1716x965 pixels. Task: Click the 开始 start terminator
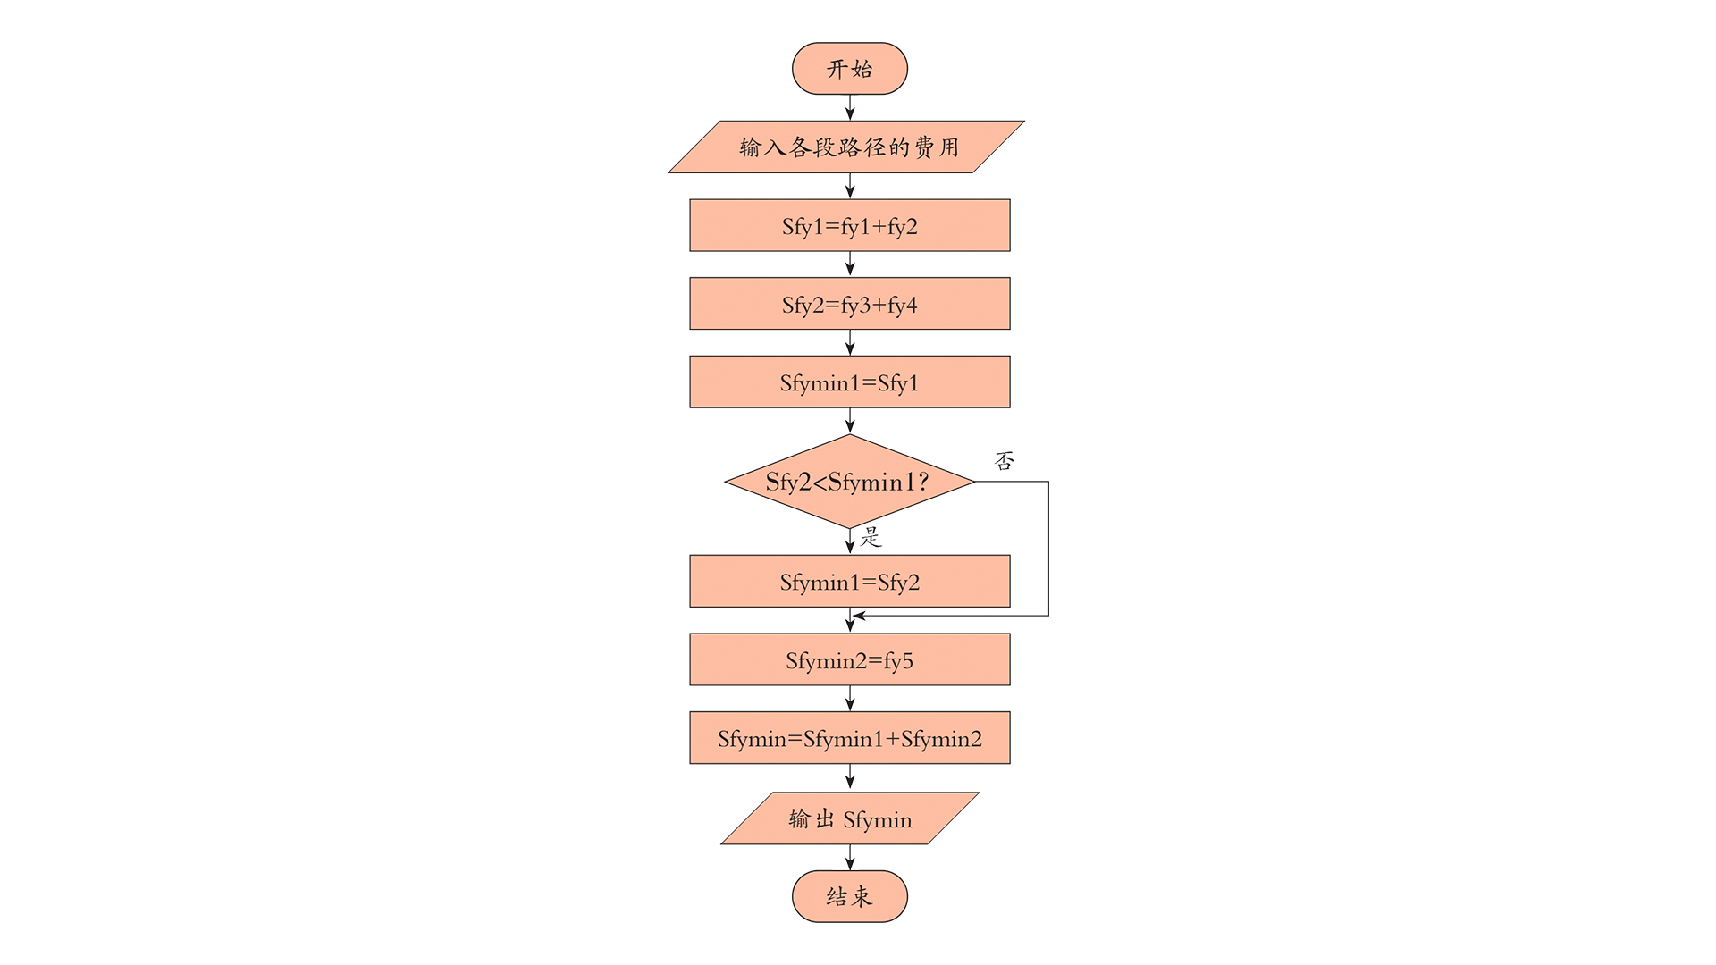849,69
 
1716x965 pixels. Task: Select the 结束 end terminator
849,896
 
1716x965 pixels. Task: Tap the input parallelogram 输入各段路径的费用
846,147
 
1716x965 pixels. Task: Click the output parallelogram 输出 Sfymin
850,818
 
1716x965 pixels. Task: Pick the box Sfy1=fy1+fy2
849,225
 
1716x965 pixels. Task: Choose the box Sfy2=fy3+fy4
849,304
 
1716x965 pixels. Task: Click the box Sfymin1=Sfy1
849,382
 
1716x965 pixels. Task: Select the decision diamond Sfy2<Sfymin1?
849,482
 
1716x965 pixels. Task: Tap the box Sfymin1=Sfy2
849,582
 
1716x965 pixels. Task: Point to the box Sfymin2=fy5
849,660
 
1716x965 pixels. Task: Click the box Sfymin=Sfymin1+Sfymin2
849,738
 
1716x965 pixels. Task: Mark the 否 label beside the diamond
1005,461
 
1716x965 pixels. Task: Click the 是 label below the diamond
871,537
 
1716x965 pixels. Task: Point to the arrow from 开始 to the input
850,107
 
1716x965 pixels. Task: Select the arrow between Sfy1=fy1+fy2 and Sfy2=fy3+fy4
850,264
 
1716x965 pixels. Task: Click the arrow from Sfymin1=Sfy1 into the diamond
850,421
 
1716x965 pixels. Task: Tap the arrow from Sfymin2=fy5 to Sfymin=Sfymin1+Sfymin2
850,699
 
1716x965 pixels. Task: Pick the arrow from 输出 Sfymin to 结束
850,858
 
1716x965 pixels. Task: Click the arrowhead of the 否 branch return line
859,616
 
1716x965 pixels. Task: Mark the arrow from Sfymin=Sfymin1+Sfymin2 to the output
850,777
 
